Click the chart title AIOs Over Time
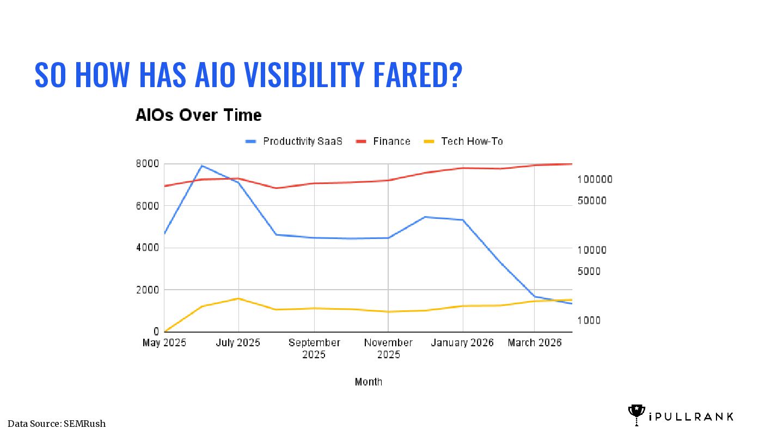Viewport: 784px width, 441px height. click(x=198, y=115)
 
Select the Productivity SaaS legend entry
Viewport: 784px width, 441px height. click(x=293, y=142)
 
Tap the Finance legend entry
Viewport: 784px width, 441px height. click(x=383, y=142)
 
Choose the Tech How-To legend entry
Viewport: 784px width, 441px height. click(x=463, y=142)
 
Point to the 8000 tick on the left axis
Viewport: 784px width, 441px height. click(x=148, y=164)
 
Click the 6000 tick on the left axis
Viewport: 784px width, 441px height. click(x=148, y=206)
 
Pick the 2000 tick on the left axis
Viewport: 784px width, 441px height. click(x=148, y=290)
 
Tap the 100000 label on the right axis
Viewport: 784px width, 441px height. click(x=595, y=180)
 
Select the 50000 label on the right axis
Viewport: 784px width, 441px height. click(x=592, y=200)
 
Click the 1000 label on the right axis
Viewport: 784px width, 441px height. click(x=589, y=320)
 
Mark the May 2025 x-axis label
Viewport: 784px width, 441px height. click(x=164, y=342)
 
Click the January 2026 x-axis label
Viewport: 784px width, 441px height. click(x=462, y=342)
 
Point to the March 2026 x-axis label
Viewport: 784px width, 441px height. click(x=535, y=342)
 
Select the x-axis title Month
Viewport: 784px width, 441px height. click(x=368, y=382)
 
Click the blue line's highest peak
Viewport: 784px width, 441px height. click(x=202, y=166)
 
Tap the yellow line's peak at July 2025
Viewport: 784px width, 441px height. click(x=238, y=298)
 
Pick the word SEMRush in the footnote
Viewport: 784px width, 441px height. click(x=84, y=424)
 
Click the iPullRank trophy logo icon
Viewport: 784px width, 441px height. click(x=636, y=415)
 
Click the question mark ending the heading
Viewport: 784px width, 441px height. click(x=456, y=75)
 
